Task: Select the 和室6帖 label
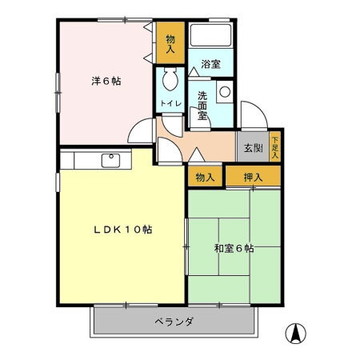(x=234, y=249)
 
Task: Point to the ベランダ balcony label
(x=174, y=322)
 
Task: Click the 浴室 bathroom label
(x=210, y=65)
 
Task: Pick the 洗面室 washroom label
(x=202, y=105)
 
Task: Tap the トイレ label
(x=170, y=105)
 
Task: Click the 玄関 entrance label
(x=253, y=147)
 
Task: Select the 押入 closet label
(x=253, y=177)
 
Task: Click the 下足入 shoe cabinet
(x=275, y=146)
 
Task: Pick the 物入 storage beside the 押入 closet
(x=205, y=177)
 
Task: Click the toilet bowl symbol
(x=170, y=80)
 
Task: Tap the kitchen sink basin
(x=111, y=159)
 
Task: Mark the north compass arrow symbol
(x=296, y=332)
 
